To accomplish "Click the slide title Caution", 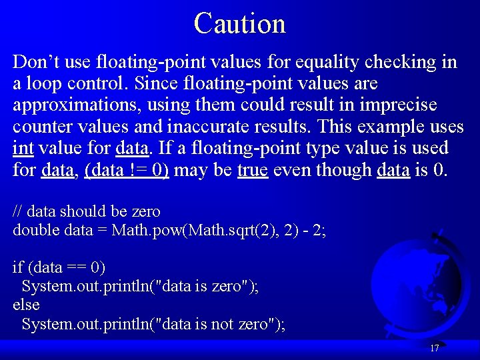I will (240, 23).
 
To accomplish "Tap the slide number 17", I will (434, 348).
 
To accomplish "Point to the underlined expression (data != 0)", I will (127, 169).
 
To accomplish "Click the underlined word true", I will (253, 169).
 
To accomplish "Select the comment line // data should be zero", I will (87, 211).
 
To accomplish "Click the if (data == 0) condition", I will (59, 267).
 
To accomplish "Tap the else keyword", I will (26, 305).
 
